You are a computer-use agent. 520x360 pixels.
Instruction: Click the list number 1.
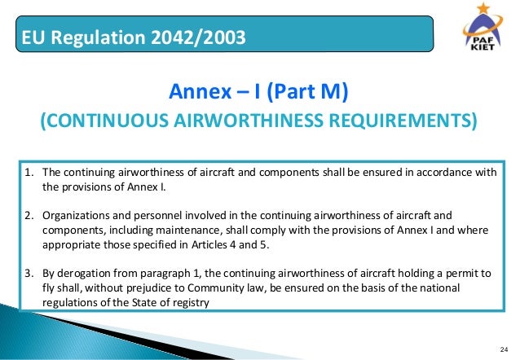pos(27,172)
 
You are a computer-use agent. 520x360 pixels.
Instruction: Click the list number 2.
pos(27,215)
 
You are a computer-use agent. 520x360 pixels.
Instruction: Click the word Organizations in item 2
pos(74,215)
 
